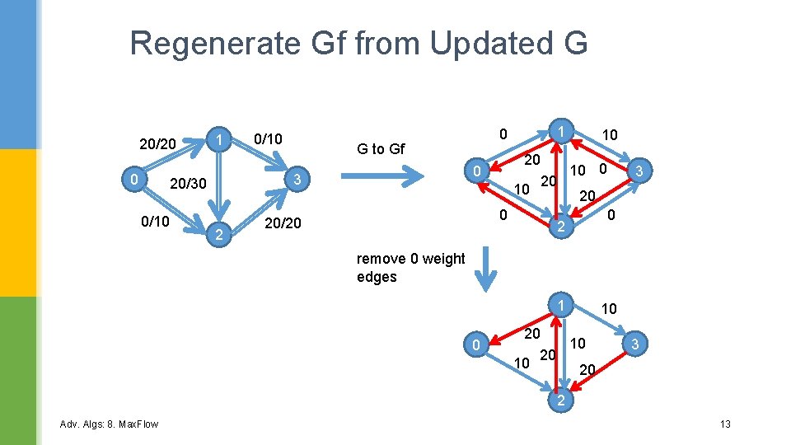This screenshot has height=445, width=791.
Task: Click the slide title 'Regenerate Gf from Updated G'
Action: tap(358, 43)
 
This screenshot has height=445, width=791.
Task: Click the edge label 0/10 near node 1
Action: tap(268, 139)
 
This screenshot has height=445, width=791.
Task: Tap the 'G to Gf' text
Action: tap(380, 149)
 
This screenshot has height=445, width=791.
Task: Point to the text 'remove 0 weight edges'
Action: tap(410, 268)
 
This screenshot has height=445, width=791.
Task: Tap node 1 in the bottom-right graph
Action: tap(559, 306)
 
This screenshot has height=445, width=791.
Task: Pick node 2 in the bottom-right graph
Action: tap(559, 401)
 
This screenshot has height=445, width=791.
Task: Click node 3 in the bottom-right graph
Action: tap(634, 343)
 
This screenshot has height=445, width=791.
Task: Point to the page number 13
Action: tap(725, 424)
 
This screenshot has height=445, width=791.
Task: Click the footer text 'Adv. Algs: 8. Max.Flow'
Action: tap(110, 424)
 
